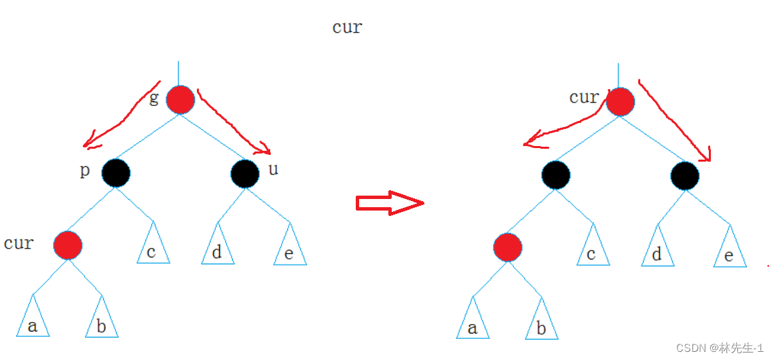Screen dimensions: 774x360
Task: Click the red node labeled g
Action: point(181,100)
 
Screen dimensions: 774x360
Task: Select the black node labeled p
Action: point(116,173)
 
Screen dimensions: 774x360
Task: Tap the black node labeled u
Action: point(244,174)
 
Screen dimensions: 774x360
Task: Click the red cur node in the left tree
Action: point(68,245)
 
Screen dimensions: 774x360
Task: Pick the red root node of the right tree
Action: point(621,102)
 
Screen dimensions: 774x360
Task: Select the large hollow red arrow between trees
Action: point(390,203)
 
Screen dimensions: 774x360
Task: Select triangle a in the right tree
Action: point(473,323)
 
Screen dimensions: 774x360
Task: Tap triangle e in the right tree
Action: point(730,251)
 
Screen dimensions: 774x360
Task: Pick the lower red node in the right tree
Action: point(508,247)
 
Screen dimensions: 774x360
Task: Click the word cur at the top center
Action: point(347,27)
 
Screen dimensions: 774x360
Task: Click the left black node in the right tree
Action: point(556,175)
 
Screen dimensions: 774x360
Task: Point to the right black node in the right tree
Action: point(684,176)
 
